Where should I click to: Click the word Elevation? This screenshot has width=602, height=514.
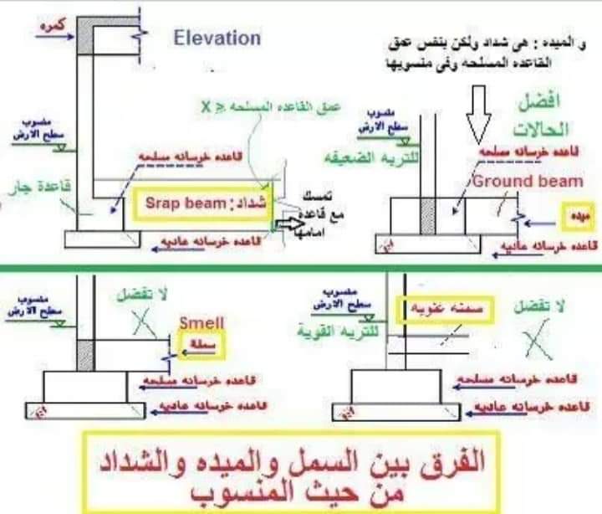pos(217,38)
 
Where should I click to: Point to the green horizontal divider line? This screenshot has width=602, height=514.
pos(301,268)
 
